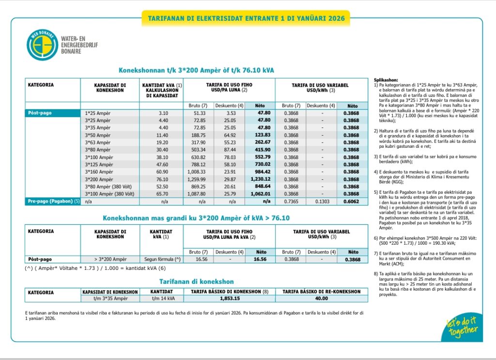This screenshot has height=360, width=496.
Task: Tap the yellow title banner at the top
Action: pos(246,18)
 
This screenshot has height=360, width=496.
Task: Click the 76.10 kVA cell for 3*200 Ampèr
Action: pos(160,179)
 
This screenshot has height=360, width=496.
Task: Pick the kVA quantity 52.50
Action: pos(160,187)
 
